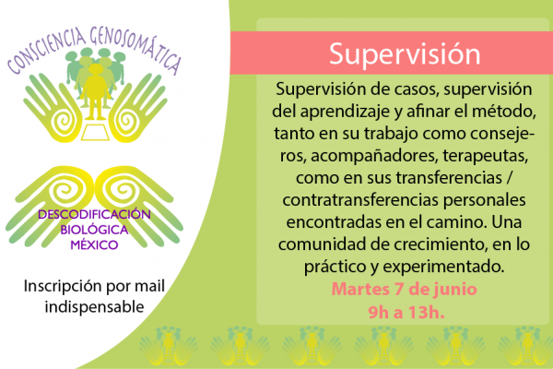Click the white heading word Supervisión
[405, 54]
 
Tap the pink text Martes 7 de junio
[405, 289]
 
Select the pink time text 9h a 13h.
[406, 312]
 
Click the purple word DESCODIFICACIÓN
[94, 214]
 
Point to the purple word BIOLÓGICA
[94, 230]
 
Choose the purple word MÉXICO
[94, 244]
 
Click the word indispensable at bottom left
[94, 307]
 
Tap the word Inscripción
[62, 286]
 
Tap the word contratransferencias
[360, 200]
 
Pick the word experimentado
[443, 267]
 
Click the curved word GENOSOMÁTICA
[135, 48]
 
